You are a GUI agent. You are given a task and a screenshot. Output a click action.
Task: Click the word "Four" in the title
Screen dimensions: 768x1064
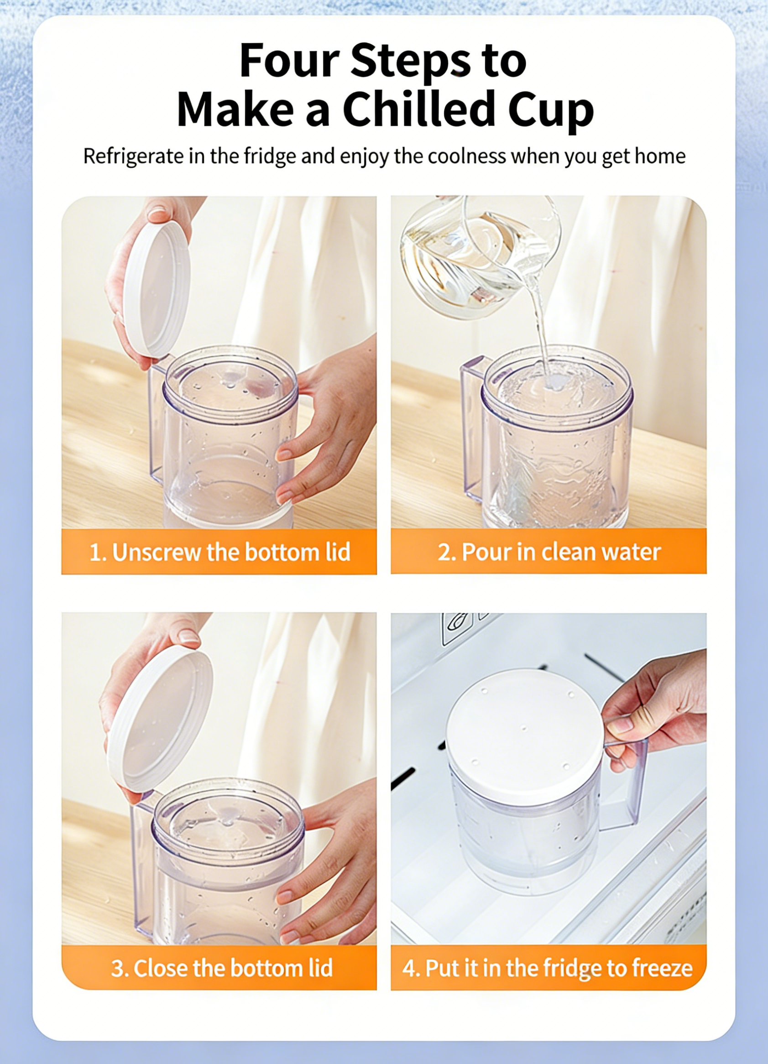click(289, 61)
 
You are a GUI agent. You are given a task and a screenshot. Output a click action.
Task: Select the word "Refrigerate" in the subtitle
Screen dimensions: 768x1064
click(134, 156)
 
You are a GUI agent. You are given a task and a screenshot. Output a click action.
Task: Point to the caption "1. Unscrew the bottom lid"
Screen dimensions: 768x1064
click(219, 552)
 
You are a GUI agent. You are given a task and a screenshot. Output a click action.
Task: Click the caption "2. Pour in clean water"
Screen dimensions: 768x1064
click(549, 552)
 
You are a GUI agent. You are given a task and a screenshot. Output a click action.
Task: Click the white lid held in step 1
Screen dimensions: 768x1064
click(156, 289)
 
